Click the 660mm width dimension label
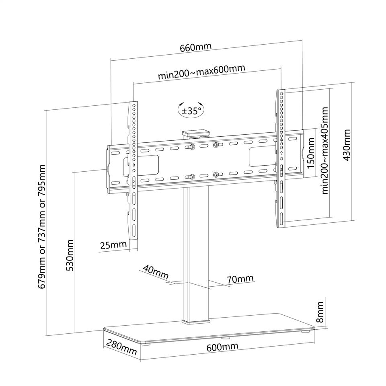(195, 47)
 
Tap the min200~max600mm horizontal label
(201, 72)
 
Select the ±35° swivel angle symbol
(191, 110)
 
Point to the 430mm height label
(347, 145)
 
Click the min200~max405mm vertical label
(325, 150)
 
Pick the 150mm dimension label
(311, 153)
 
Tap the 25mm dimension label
(113, 245)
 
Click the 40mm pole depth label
(156, 272)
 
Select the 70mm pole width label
(240, 279)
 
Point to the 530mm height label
(70, 255)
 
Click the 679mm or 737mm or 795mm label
(42, 226)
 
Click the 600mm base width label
(222, 347)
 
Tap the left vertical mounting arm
(133, 170)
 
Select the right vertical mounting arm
(280, 158)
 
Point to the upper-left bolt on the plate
(191, 147)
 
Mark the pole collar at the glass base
(196, 321)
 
